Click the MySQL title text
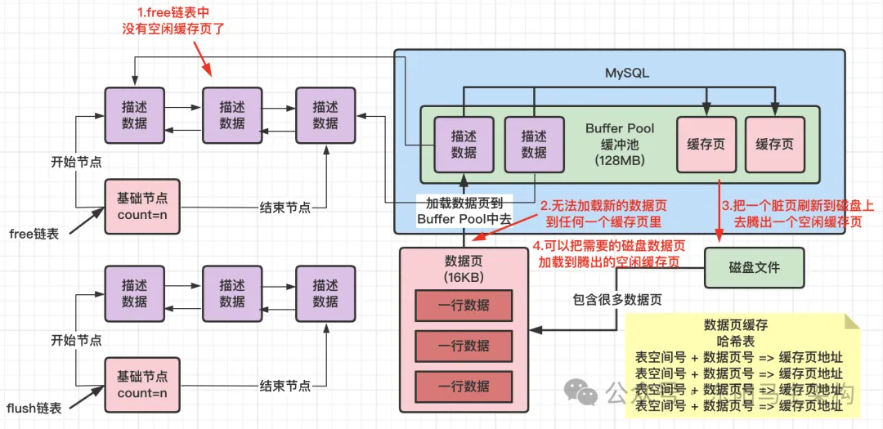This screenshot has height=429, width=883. [x=627, y=73]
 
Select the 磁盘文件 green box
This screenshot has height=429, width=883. [x=754, y=267]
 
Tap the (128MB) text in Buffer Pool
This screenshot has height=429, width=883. [x=620, y=161]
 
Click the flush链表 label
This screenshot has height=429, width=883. [x=34, y=407]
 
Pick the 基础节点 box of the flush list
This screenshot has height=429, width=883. [x=141, y=384]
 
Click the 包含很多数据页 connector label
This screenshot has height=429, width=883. [x=617, y=299]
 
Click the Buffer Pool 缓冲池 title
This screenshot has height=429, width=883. [x=620, y=136]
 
